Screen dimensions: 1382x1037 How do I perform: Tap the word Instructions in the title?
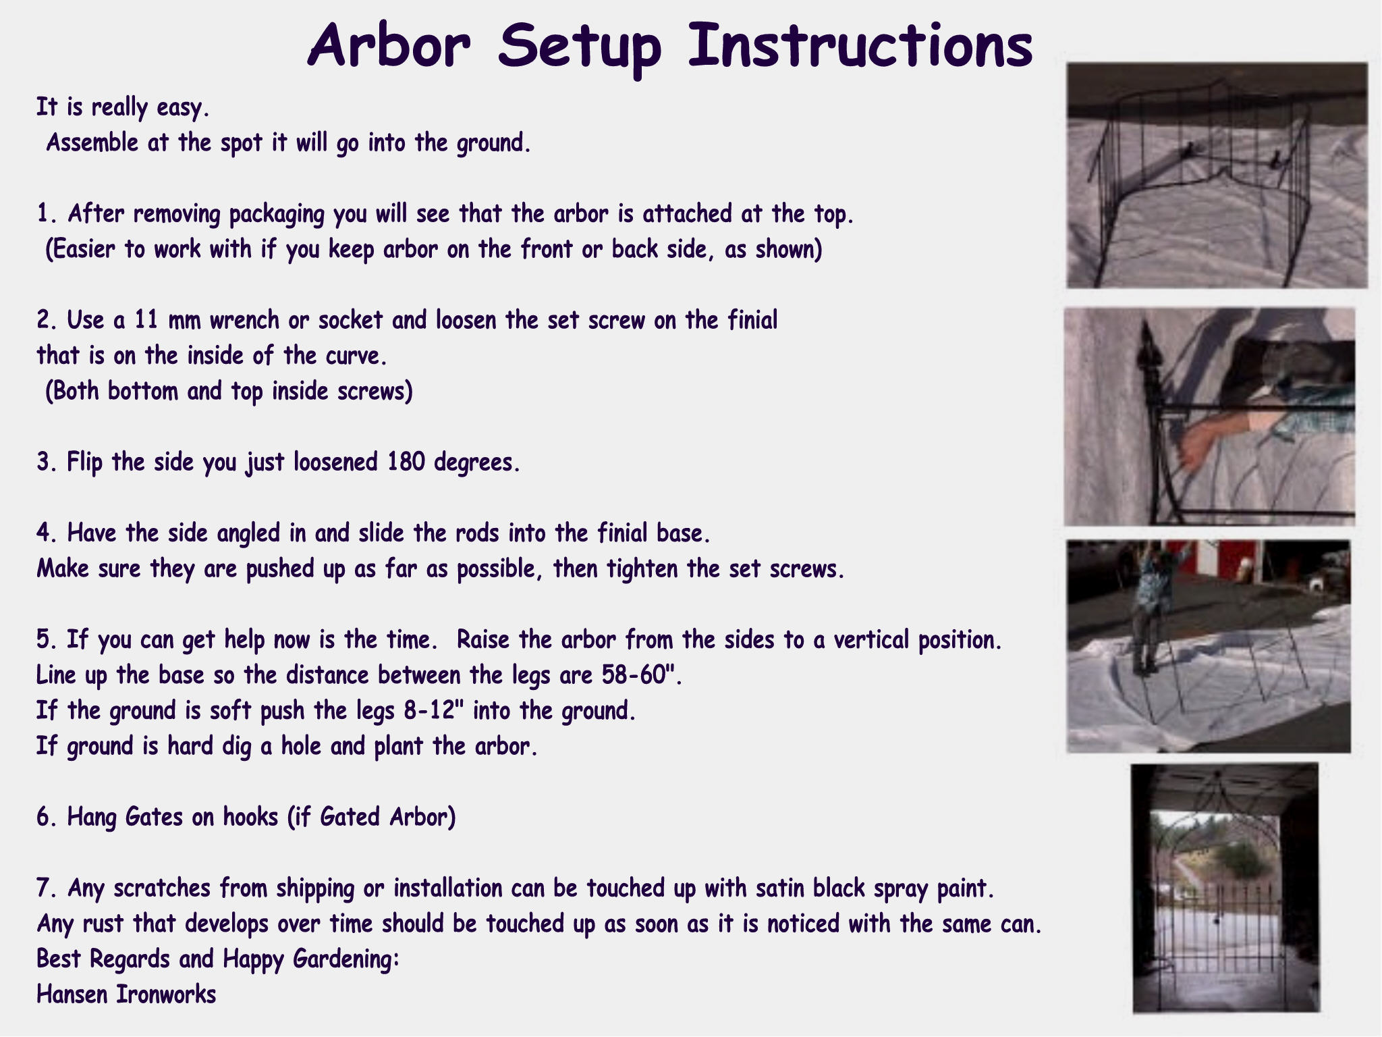coord(860,45)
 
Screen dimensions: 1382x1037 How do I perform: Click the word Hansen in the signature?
coord(72,994)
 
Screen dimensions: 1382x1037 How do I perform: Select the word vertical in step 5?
coord(870,639)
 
